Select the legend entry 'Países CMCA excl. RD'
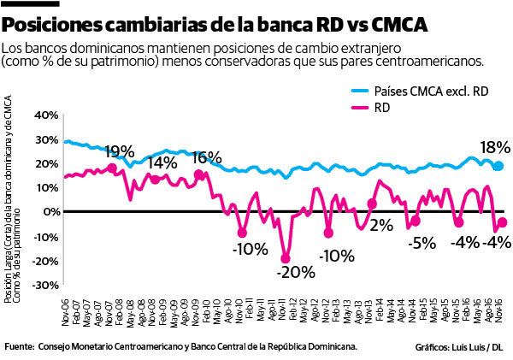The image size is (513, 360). point(423,90)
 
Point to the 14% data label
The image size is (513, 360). point(162,163)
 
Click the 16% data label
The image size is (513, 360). point(206,158)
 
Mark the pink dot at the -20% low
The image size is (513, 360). point(286,258)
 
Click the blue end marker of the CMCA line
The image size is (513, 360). point(498,166)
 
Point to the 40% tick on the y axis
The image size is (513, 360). point(45,114)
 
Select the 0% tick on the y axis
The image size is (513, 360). point(48,211)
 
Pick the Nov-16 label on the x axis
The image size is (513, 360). point(498,307)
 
